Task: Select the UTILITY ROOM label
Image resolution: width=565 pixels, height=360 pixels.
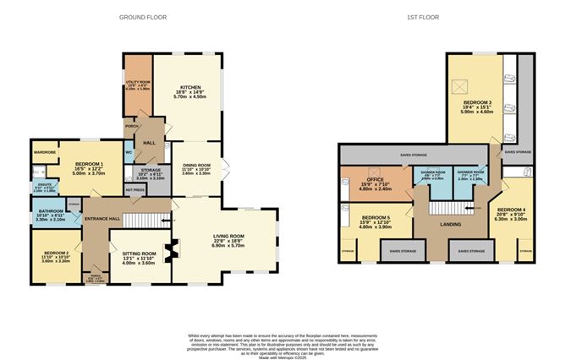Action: tap(136, 82)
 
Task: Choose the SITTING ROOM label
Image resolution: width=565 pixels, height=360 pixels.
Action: tap(137, 253)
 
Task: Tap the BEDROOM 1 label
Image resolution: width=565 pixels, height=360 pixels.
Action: tap(89, 163)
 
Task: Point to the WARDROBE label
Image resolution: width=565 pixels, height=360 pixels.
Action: tap(45, 152)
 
